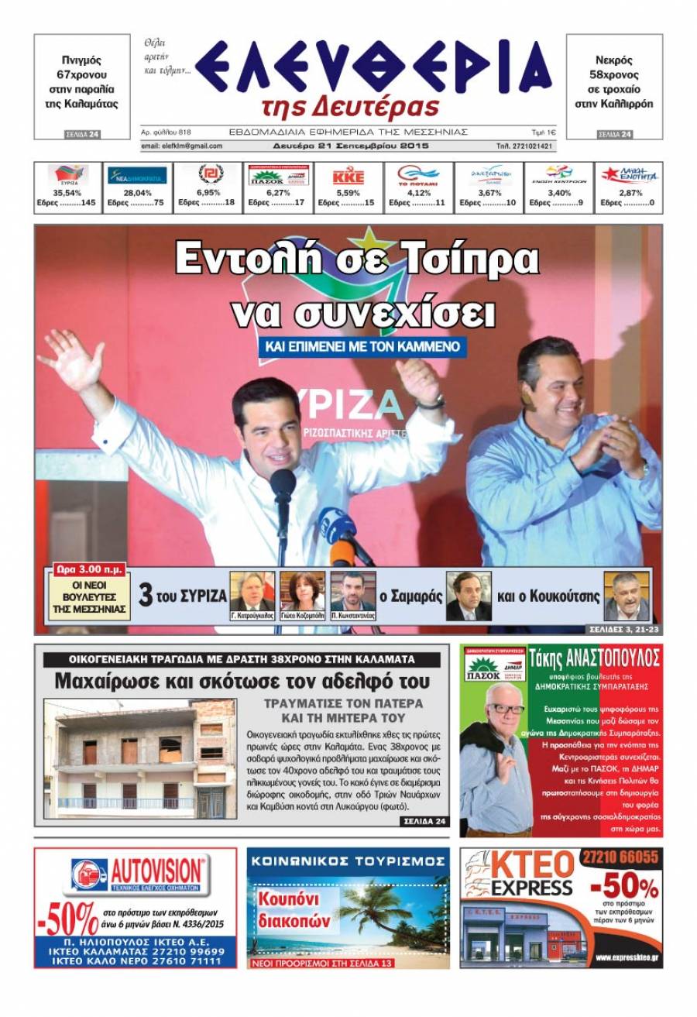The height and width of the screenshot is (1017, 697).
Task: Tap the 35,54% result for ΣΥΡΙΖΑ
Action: click(67, 193)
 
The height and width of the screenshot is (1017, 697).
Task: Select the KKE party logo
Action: click(348, 177)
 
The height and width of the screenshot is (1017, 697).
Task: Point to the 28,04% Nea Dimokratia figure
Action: click(137, 193)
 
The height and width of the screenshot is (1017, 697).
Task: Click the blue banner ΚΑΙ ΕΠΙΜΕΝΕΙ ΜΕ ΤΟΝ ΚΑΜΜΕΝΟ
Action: click(362, 345)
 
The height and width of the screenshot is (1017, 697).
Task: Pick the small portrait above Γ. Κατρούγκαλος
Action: click(252, 592)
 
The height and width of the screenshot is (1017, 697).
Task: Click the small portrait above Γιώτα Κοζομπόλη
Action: click(302, 592)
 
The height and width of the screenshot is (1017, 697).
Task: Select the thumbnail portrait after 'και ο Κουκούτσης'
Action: click(626, 595)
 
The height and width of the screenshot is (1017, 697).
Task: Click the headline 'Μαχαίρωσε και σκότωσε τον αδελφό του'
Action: click(242, 682)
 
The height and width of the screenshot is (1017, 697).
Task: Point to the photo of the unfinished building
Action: click(140, 759)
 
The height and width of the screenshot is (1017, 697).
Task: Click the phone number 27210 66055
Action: click(623, 857)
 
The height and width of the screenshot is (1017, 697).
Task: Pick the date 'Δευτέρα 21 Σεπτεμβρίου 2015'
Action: click(350, 146)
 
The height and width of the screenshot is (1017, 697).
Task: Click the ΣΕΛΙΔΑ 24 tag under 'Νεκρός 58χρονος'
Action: click(615, 135)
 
